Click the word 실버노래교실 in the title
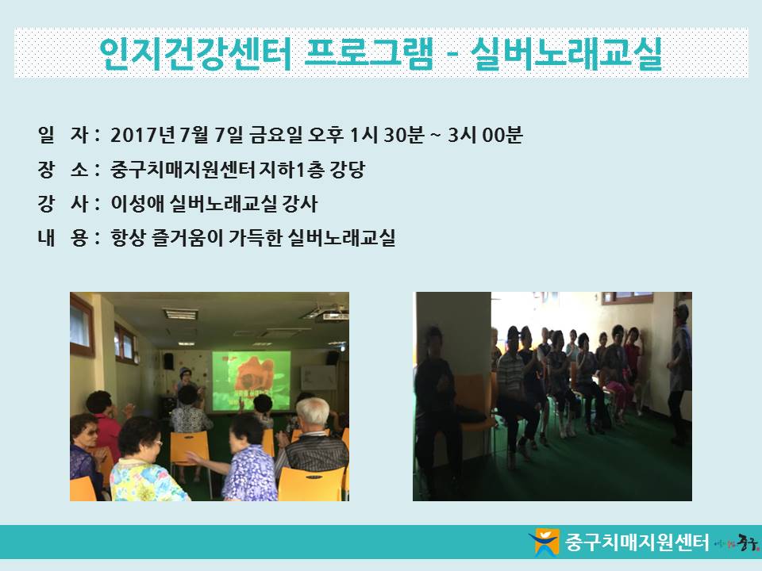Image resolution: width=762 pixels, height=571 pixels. (x=567, y=53)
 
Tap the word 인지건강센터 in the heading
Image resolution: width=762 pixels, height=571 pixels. (x=195, y=53)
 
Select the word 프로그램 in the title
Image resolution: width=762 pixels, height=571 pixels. (x=368, y=53)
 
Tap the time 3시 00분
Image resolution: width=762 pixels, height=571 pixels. (x=485, y=135)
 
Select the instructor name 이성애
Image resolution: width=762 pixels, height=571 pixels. (x=137, y=204)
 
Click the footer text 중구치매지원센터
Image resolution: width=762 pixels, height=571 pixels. (x=637, y=542)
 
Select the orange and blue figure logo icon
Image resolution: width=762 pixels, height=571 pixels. (x=545, y=542)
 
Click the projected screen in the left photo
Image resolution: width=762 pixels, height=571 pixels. (x=252, y=381)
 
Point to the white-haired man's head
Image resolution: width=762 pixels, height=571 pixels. (x=313, y=412)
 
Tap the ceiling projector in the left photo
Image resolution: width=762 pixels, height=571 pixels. (x=332, y=316)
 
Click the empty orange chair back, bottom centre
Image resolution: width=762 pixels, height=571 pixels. (x=311, y=483)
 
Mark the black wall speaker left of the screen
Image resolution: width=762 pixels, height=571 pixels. (x=168, y=362)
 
